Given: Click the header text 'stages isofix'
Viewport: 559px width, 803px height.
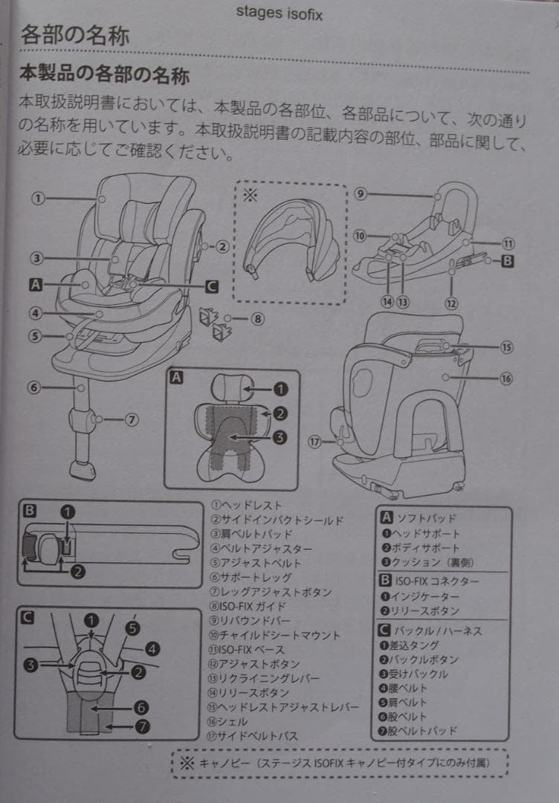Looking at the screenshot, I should click(x=279, y=13).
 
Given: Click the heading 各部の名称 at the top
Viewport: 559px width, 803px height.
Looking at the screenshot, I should click(x=75, y=36).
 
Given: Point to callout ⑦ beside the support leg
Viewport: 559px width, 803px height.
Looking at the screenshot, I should click(x=132, y=419).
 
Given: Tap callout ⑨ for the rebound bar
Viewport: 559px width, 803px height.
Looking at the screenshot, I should click(x=360, y=194).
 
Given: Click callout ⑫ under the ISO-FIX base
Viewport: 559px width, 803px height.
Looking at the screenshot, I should click(x=451, y=303).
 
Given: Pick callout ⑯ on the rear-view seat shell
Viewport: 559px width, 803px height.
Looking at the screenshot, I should click(x=505, y=378).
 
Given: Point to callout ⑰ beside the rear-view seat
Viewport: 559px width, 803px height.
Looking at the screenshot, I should click(x=314, y=441).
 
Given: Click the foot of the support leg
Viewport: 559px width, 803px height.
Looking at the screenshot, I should click(x=81, y=470).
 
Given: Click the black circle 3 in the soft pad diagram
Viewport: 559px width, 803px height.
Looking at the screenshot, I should click(x=279, y=438).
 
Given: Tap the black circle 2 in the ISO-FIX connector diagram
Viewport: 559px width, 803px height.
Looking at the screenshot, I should click(x=77, y=571).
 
